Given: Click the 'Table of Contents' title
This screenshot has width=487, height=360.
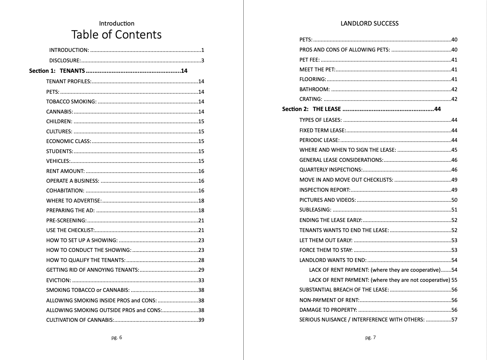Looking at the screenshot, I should click(x=116, y=35).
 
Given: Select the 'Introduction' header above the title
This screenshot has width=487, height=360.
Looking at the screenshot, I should click(x=116, y=23).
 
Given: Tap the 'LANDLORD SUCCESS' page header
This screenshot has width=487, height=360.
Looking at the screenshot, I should click(x=369, y=23).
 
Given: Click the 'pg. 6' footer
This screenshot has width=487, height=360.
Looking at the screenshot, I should click(x=116, y=337).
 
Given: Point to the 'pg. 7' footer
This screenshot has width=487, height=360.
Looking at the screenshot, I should click(x=370, y=337).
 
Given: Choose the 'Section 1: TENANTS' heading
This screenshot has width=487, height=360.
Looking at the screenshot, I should click(x=57, y=71).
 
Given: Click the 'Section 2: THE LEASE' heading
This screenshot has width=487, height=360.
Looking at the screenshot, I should click(x=311, y=109).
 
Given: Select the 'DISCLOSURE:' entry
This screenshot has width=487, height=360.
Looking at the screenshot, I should click(x=65, y=61).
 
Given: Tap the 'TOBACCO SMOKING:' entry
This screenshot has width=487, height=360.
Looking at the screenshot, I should click(x=71, y=102).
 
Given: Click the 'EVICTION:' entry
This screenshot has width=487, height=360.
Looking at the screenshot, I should click(x=58, y=280).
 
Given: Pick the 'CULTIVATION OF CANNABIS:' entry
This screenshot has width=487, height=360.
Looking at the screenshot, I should click(x=80, y=320).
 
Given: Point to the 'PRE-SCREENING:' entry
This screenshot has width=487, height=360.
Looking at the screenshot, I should click(x=66, y=221).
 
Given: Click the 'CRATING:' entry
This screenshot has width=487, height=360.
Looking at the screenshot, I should click(x=311, y=99).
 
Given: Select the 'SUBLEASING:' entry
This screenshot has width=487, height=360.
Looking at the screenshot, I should click(x=315, y=210).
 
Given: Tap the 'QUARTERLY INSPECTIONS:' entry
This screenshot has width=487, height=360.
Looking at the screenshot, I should click(x=331, y=170).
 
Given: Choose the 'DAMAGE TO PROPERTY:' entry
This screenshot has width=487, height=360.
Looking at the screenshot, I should click(x=328, y=310).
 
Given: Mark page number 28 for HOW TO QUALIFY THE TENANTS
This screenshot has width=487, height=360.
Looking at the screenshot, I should click(x=201, y=260).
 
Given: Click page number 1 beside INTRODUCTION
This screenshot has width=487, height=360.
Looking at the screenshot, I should click(x=203, y=50).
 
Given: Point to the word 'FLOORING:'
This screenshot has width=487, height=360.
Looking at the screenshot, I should click(x=313, y=79).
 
